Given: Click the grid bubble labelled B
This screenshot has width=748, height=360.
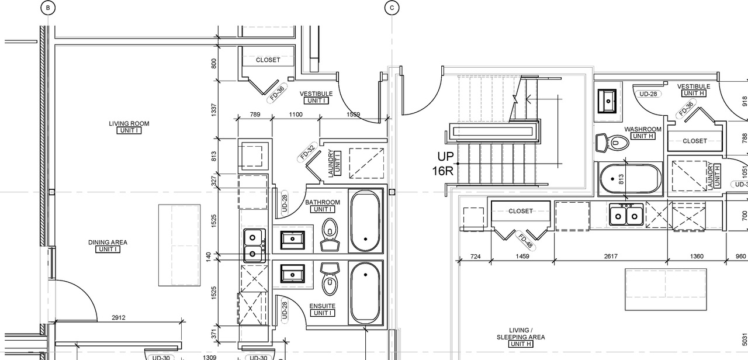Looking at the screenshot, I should point(48,8).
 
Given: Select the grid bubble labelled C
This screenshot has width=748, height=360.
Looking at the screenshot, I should point(392,8).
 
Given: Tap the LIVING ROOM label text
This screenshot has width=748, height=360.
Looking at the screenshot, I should point(129,123).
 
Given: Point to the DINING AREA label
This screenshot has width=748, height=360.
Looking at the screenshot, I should point(108,243).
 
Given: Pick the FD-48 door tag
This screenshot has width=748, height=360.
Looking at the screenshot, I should point(525,240).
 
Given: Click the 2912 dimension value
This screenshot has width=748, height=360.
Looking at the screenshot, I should point(119,318).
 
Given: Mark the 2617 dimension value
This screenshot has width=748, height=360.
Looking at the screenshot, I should point(610,256).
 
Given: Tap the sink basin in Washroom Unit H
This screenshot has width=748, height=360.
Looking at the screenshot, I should point(608,99).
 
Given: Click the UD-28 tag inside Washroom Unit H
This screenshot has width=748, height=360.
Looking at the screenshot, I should point(648,94).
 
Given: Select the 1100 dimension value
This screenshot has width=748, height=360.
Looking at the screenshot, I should point(296,115).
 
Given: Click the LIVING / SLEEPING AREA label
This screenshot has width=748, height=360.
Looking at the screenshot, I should point(520,334).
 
